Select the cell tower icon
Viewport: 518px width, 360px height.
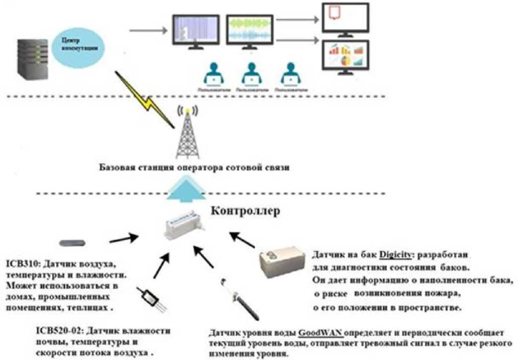[187, 134]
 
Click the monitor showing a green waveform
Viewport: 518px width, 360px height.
[249, 30]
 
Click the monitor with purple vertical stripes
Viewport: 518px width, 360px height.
[196, 30]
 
